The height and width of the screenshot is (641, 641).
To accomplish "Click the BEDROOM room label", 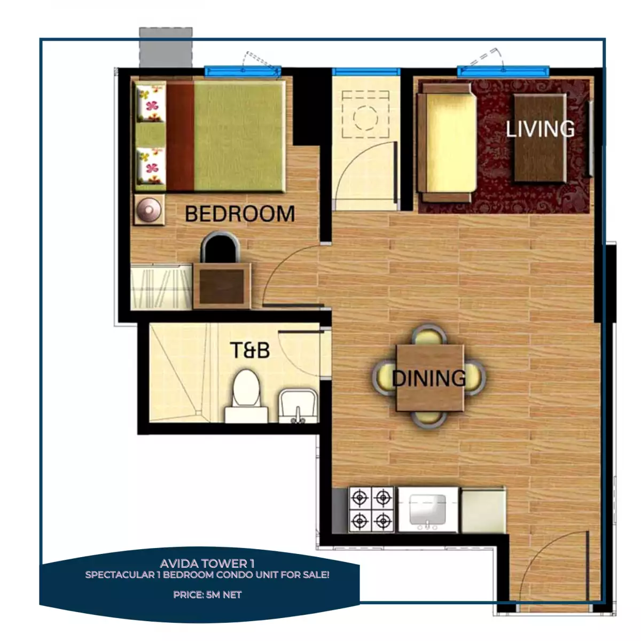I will point(239,214).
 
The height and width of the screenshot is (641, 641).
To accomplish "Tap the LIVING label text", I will point(540,129).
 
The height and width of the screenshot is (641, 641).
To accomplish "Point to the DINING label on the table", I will point(429,378).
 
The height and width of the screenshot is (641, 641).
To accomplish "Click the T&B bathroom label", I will point(249,350).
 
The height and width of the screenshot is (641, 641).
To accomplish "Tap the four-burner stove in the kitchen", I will point(371,509).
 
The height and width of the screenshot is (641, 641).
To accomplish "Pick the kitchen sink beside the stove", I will point(427,509).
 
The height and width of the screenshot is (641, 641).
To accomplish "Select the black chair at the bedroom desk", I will point(220,247).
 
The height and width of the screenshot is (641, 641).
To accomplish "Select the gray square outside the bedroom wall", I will point(166,47).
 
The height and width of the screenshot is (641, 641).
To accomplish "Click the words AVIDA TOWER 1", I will point(207,564).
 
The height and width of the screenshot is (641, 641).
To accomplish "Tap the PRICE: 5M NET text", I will point(207,595).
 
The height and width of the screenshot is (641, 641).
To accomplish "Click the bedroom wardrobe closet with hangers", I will point(161,287).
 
